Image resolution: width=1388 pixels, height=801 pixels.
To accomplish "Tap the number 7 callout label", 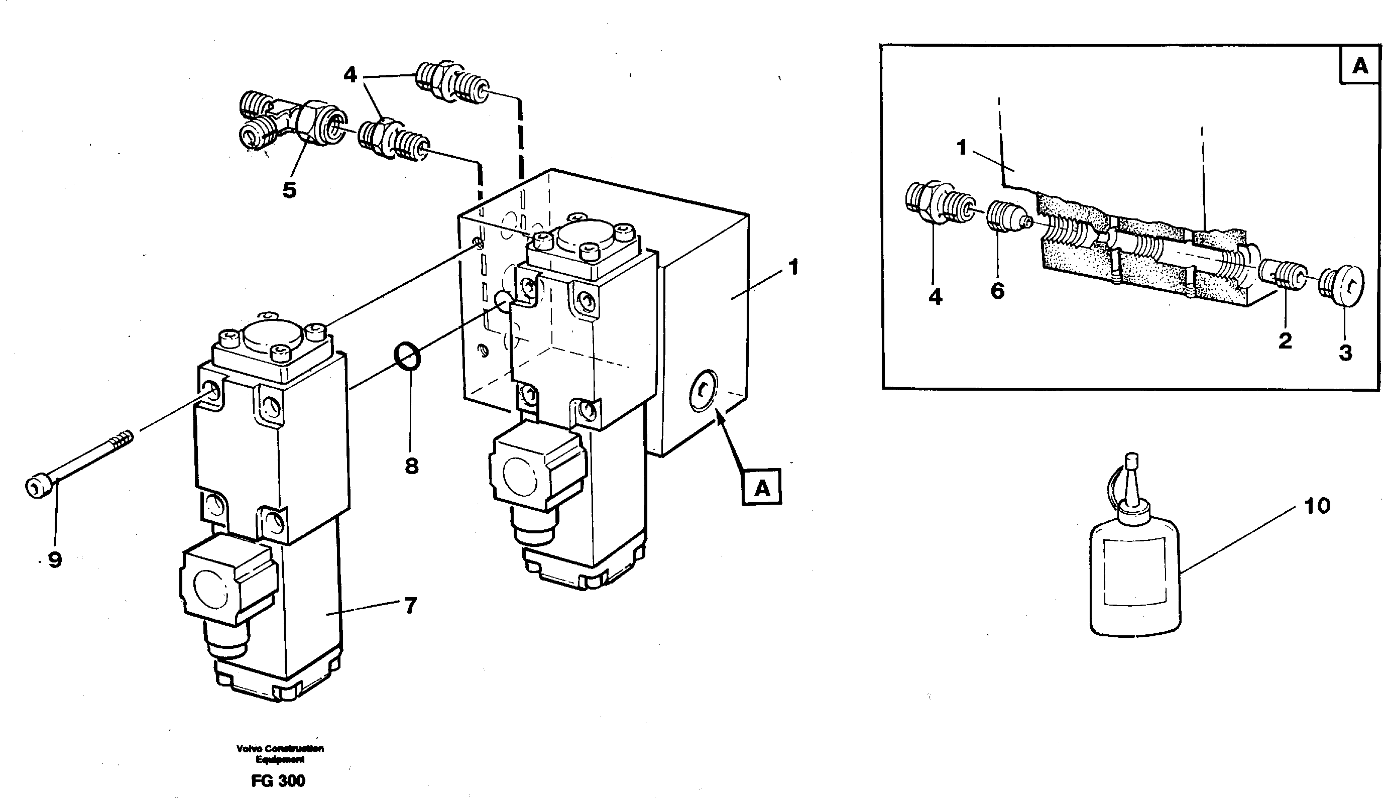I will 410,606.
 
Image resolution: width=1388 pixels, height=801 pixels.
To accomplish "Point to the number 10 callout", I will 1317,506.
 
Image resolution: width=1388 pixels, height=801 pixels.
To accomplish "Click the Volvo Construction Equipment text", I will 280,754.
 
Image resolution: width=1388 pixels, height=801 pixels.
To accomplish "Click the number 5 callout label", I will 289,190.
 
